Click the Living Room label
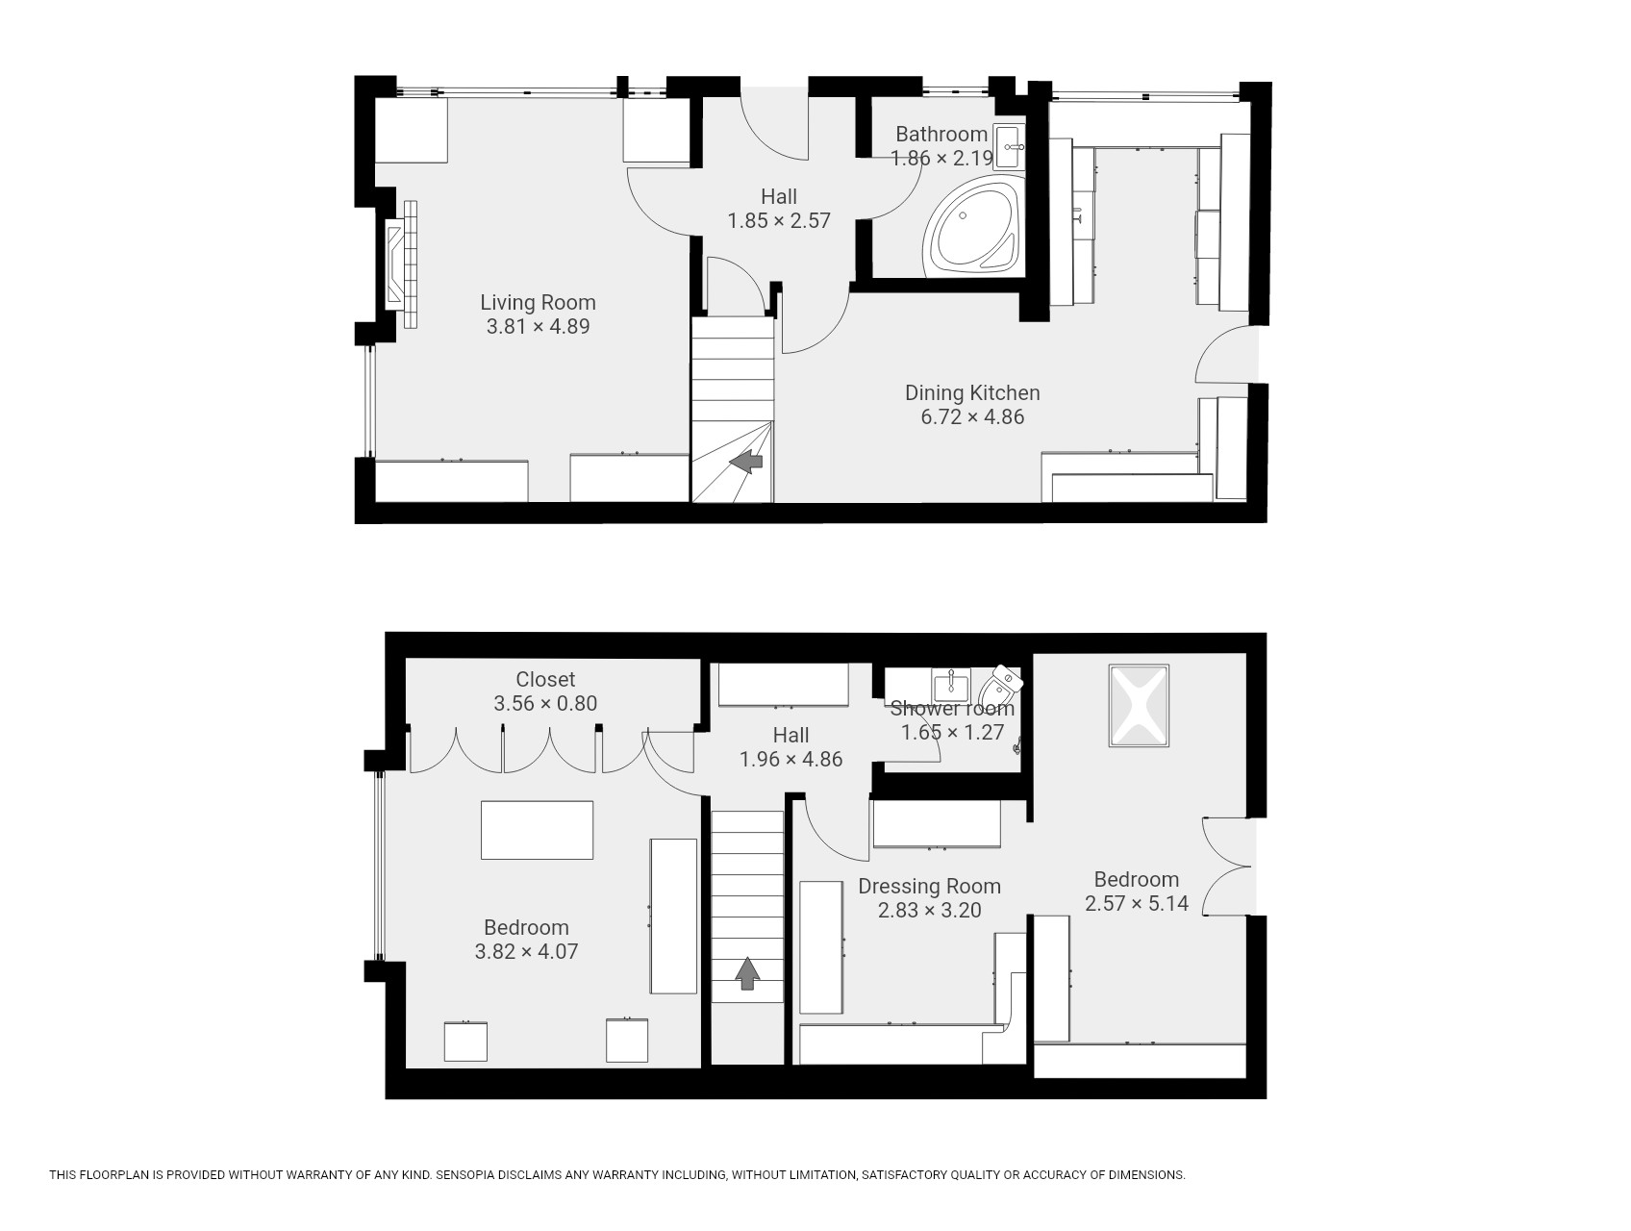[x=538, y=302]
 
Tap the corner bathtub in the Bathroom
[x=972, y=227]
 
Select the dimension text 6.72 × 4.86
[x=972, y=416]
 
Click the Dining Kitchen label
[x=972, y=392]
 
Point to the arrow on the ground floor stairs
[x=746, y=463]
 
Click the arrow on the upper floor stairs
[x=747, y=973]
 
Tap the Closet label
[x=545, y=679]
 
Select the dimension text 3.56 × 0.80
[x=545, y=703]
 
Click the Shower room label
[x=952, y=709]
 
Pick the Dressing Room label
[x=929, y=886]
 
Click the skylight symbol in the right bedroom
[x=1140, y=705]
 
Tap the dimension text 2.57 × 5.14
[x=1137, y=903]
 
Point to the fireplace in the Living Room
[x=402, y=264]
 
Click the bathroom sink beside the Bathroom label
[x=1009, y=147]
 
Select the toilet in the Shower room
[x=998, y=686]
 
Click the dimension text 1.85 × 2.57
[x=779, y=220]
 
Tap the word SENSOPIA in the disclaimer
[x=467, y=1174]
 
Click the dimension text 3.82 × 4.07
[x=526, y=951]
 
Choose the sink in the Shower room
[x=951, y=684]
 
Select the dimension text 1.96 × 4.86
[x=790, y=759]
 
